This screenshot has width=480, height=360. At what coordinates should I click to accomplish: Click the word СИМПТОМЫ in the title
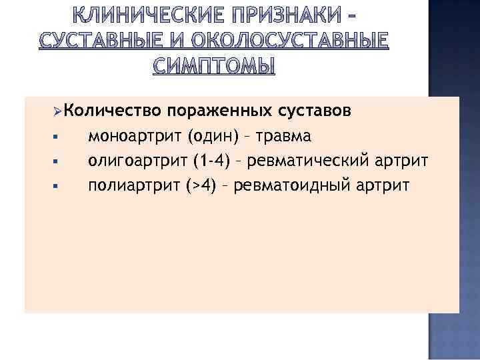[213, 67]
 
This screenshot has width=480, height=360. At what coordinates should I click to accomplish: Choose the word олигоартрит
[137, 160]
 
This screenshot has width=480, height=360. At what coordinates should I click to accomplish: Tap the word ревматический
[315, 160]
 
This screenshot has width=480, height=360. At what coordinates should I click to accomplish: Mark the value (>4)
[201, 185]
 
